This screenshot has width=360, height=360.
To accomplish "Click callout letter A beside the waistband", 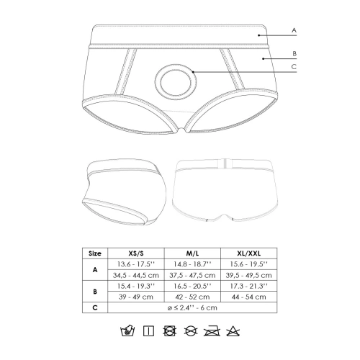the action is pos(294,30).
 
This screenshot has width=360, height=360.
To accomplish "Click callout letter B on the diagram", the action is pos(294,53).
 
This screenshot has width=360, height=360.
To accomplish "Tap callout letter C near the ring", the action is pos(294,66).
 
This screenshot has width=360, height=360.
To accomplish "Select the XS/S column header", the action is pos(136,253).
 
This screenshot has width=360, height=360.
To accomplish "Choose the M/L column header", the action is pos(192,253).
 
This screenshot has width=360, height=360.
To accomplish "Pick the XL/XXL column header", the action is pos(249,253).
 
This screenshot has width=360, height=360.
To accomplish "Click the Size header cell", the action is pos(95,253).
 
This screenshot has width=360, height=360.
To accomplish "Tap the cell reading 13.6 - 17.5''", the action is pos(136,264).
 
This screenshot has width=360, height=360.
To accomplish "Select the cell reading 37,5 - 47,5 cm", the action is pos(192,275).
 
